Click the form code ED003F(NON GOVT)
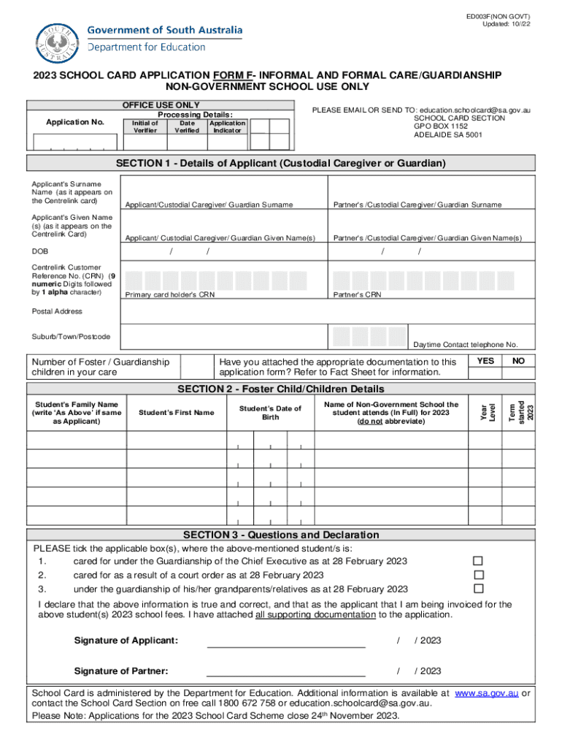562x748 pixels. pos(499,16)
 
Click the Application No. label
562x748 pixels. pos(75,122)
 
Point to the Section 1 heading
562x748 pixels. pos(280,163)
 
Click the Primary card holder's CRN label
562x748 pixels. pos(170,295)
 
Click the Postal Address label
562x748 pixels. pos(57,312)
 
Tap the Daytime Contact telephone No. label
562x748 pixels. pos(465,344)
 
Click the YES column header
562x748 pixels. pos(485,361)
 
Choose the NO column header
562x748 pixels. pos(518,361)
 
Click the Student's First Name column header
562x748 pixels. pos(176,413)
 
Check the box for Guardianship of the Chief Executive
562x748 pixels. pos(478,561)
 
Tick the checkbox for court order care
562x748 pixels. pos(478,575)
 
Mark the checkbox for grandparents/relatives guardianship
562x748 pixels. pos(478,589)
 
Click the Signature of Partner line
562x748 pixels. pos(286,671)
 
